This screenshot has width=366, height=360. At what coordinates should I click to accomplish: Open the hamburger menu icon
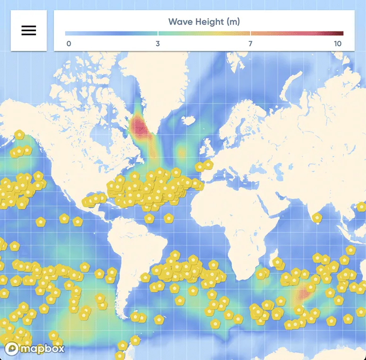(x=29, y=31)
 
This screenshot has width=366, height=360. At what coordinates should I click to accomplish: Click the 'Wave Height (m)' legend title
(x=204, y=22)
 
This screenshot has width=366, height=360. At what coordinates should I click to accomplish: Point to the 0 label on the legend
(x=69, y=44)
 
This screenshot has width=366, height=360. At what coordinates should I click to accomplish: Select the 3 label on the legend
(x=158, y=44)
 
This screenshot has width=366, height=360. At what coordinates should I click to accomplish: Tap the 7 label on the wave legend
(x=250, y=44)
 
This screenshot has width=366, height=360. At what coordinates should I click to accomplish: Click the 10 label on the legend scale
(x=338, y=44)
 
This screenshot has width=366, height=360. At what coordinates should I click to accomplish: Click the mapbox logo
(x=34, y=349)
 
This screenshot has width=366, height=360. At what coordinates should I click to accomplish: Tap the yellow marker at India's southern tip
(x=317, y=217)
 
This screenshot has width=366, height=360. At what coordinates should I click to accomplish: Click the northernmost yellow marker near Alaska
(x=19, y=135)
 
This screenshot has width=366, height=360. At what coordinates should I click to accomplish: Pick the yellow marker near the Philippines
(x=361, y=206)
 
